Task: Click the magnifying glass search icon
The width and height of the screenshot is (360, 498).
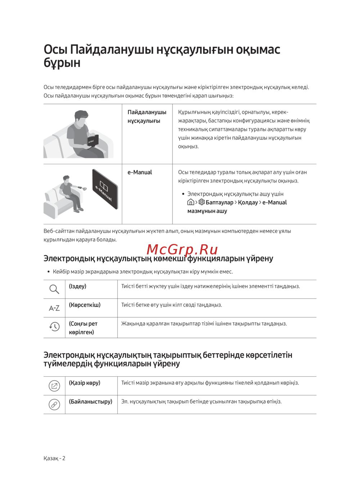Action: (x=54, y=289)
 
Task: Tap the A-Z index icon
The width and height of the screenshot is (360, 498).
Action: (x=54, y=308)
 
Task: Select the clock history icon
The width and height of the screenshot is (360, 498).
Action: (x=54, y=326)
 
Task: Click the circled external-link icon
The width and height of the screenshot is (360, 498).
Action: (x=54, y=386)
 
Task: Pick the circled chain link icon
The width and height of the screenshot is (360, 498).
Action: (x=54, y=404)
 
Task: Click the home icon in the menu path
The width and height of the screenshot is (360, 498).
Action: (x=191, y=202)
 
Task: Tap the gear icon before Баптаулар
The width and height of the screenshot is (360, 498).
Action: (x=202, y=202)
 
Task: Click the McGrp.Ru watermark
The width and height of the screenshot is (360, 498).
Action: (x=182, y=249)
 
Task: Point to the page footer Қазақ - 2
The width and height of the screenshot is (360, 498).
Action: (x=54, y=458)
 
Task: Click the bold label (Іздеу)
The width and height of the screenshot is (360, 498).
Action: (x=78, y=286)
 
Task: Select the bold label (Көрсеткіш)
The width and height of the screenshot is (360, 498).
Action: (x=85, y=305)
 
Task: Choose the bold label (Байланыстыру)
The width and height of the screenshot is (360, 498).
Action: (x=90, y=402)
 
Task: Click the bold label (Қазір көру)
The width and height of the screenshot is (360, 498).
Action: (x=85, y=383)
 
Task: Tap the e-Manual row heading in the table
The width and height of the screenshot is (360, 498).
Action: (x=140, y=172)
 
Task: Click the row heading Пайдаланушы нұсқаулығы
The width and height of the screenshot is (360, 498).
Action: (x=147, y=117)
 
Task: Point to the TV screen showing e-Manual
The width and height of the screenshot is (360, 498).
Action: (x=105, y=189)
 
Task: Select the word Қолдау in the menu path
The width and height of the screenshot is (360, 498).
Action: (x=248, y=203)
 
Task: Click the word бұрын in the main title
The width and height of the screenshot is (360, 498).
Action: (x=62, y=63)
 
